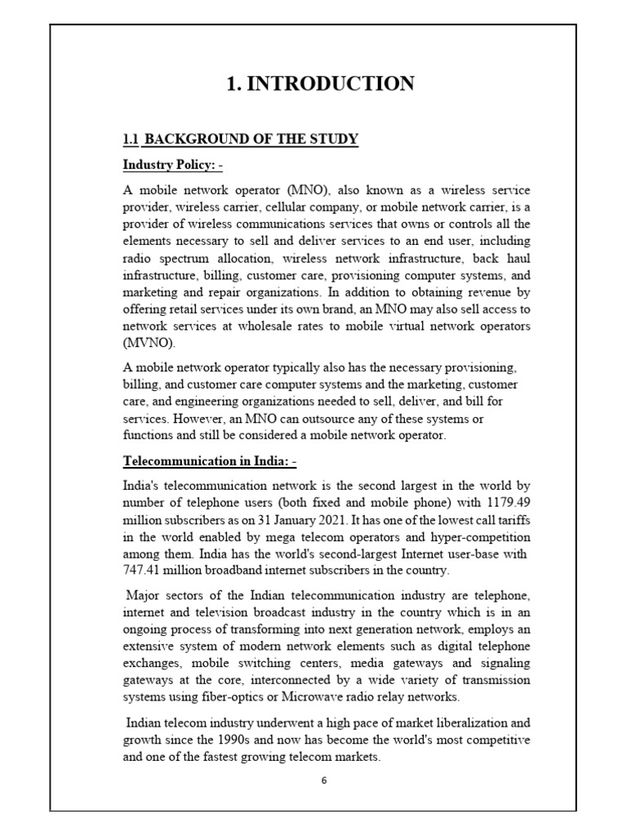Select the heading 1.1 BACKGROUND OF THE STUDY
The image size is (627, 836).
click(x=240, y=139)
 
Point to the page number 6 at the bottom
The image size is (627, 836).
click(x=323, y=780)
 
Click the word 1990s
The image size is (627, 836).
click(x=240, y=740)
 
